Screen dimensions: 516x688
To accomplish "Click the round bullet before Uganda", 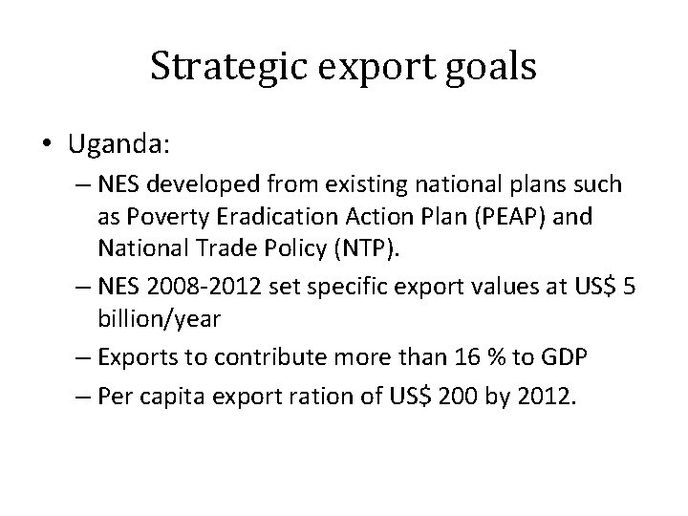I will [x=50, y=144].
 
